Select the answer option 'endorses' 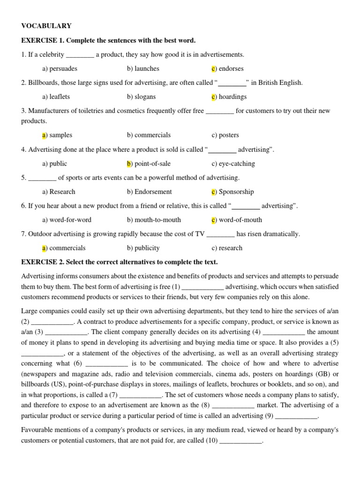[x=231, y=68]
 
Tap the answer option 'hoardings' [x=232, y=97]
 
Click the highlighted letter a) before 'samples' [x=45, y=135]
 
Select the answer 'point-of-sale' [x=152, y=164]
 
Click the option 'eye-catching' [x=237, y=164]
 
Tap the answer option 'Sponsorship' [x=236, y=192]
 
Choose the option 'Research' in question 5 [x=62, y=192]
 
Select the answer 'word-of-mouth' [x=240, y=220]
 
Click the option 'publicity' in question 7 [x=147, y=248]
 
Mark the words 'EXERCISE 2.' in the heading [x=40, y=262]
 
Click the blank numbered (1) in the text [x=202, y=287]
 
